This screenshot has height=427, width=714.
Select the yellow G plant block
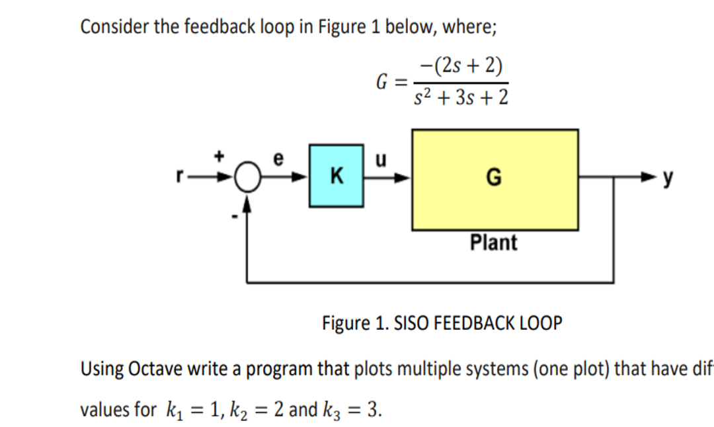[495, 179]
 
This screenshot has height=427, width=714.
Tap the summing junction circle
[247, 178]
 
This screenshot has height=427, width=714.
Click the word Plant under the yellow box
[494, 243]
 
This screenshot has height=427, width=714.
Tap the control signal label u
[379, 160]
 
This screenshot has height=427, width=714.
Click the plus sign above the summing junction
[221, 157]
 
